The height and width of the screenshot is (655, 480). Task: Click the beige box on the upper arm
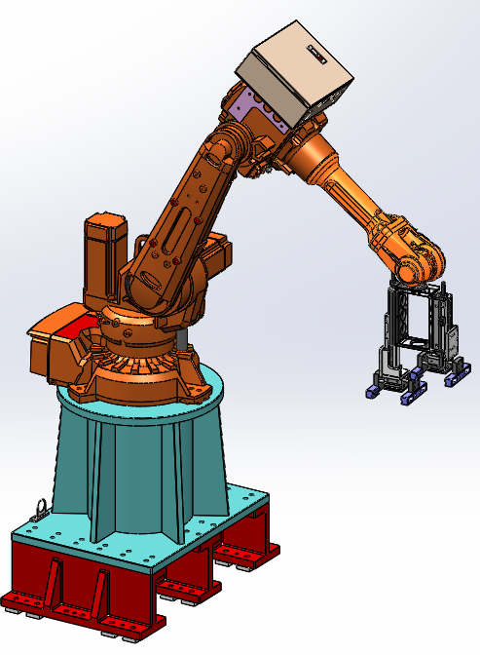[x=292, y=73]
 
